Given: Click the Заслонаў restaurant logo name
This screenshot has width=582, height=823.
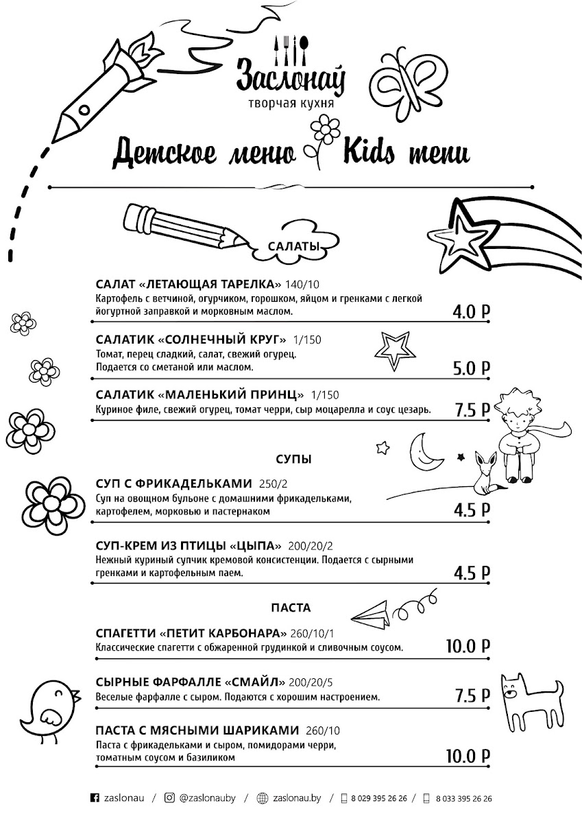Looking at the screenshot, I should [291, 75].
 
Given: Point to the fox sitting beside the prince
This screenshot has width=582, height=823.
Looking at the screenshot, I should [487, 473].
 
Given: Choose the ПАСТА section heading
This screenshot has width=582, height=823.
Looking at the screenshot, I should [291, 608].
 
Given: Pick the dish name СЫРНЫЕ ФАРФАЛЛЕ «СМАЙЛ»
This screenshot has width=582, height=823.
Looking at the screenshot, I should [191, 682].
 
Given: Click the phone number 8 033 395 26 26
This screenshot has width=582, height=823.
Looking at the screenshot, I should [463, 798].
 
